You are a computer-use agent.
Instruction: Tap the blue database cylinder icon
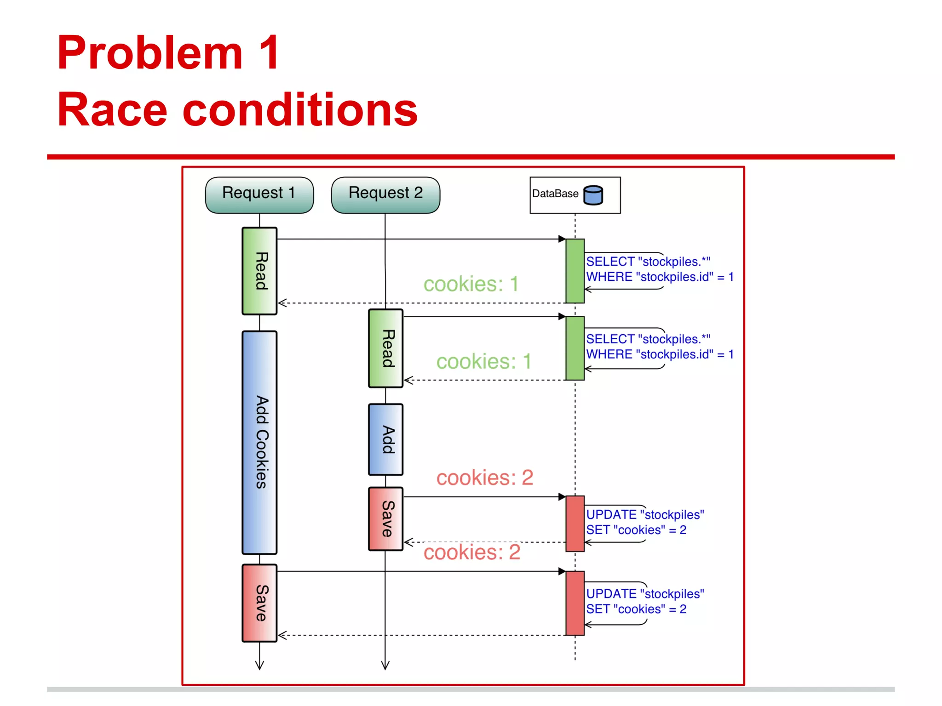(x=593, y=195)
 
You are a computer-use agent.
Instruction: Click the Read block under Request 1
(x=259, y=271)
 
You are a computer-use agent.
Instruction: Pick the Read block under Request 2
(x=385, y=348)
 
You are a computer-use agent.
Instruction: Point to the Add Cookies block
(x=259, y=442)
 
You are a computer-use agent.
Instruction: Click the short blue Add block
(x=385, y=439)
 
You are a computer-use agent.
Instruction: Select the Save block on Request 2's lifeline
(x=385, y=518)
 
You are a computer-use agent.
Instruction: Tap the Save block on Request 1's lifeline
(x=259, y=603)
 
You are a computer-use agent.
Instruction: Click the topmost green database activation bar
(x=575, y=271)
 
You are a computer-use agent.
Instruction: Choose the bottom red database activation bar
(x=575, y=603)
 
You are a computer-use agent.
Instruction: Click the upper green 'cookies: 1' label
(x=471, y=284)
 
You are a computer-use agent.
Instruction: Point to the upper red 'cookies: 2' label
(x=484, y=478)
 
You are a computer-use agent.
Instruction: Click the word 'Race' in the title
(x=112, y=110)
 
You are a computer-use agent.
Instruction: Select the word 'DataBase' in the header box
(x=555, y=194)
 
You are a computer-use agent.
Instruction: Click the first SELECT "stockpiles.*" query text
(x=648, y=262)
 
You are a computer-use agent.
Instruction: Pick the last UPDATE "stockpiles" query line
(x=645, y=593)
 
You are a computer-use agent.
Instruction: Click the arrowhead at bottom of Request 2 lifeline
(x=385, y=666)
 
